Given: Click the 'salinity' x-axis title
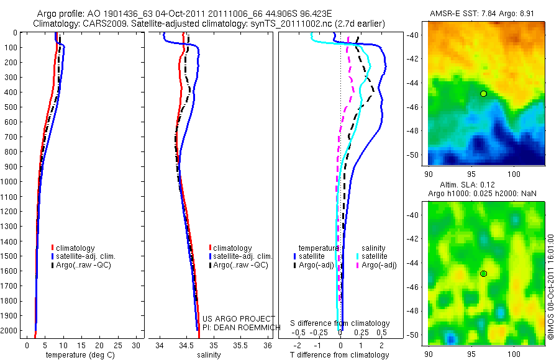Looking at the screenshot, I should coord(209,355).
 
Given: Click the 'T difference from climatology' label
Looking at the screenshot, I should coord(340,355).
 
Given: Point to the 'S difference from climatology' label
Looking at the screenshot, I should coord(340,323).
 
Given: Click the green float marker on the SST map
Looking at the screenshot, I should coord(483,94).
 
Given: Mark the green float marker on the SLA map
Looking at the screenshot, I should coord(483,274).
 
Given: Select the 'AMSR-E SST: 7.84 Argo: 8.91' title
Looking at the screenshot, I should coord(482,14).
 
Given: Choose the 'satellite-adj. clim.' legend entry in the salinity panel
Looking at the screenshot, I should coord(243,256).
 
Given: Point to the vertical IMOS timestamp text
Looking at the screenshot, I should coord(551,287).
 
